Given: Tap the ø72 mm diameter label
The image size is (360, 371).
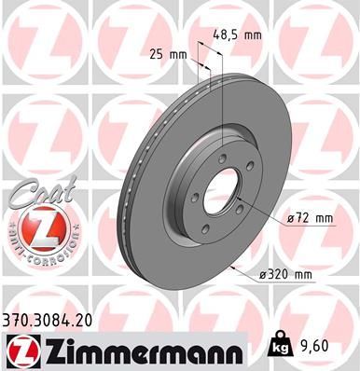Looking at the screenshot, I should [x=309, y=218].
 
